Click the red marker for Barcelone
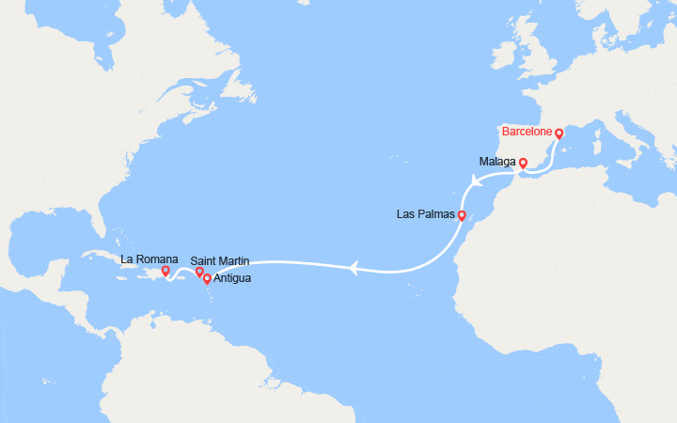coord(559,133)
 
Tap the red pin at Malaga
coord(523,163)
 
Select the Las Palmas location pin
coord(462,215)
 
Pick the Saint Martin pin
coord(199,273)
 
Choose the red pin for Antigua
coord(207,279)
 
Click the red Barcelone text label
coord(527,131)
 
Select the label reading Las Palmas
coord(426,215)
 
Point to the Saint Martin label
coord(221,260)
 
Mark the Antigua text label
coord(232,279)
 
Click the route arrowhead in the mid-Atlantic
coord(354,270)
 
